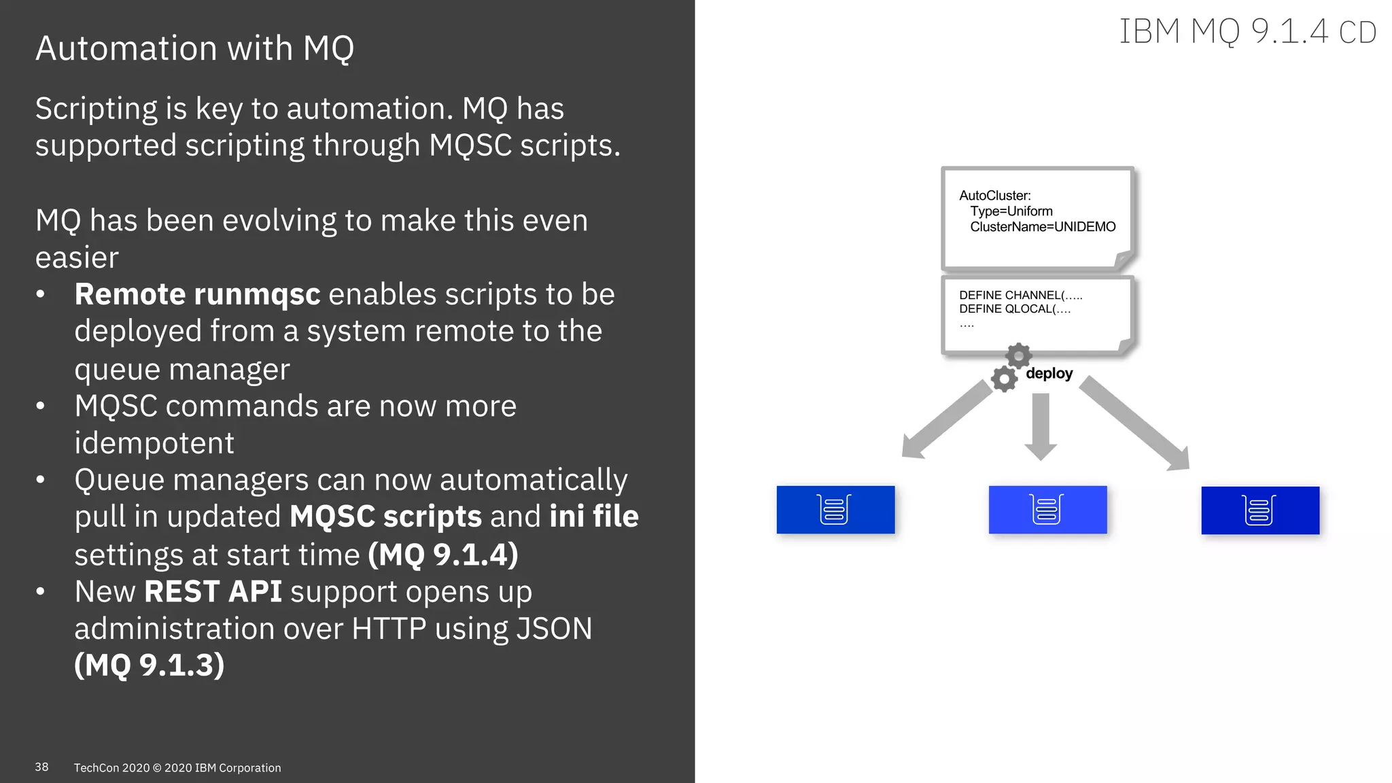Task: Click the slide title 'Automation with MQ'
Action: (x=195, y=49)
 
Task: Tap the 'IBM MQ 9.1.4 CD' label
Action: (x=1247, y=32)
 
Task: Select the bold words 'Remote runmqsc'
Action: (x=197, y=294)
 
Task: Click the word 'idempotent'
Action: (x=154, y=443)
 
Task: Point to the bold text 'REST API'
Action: (x=213, y=591)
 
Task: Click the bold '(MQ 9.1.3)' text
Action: (x=150, y=665)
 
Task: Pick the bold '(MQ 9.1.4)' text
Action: (x=443, y=555)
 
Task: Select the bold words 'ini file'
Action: (x=594, y=517)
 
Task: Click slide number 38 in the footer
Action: (x=41, y=767)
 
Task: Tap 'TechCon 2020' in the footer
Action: (x=111, y=768)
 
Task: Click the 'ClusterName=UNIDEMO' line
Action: (x=1043, y=227)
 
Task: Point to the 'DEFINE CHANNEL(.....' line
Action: (x=1020, y=295)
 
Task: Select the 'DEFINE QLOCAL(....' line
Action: (x=1015, y=309)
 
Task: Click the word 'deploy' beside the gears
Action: (x=1049, y=373)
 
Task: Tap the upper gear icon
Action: (x=1018, y=355)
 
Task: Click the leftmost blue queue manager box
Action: (x=835, y=510)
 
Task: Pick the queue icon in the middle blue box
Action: (x=1047, y=510)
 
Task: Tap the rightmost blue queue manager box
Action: (x=1260, y=510)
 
